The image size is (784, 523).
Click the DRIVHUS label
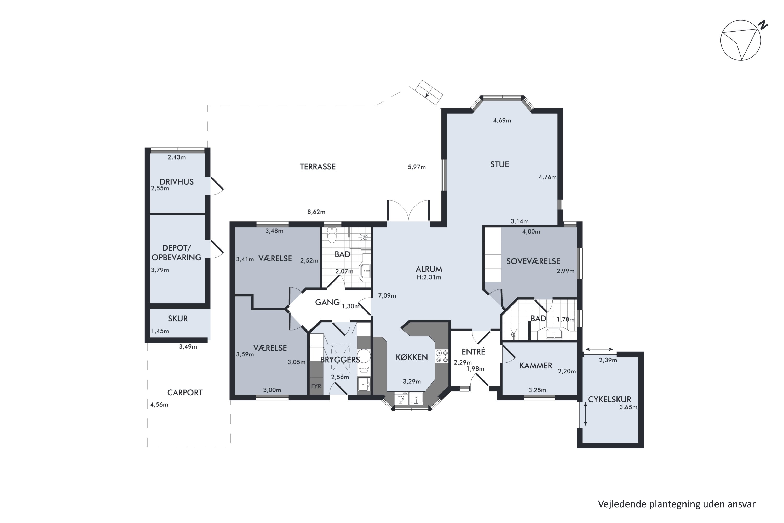pyautogui.click(x=176, y=182)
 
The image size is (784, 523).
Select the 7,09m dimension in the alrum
pyautogui.click(x=387, y=295)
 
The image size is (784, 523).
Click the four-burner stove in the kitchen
pyautogui.click(x=442, y=356)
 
